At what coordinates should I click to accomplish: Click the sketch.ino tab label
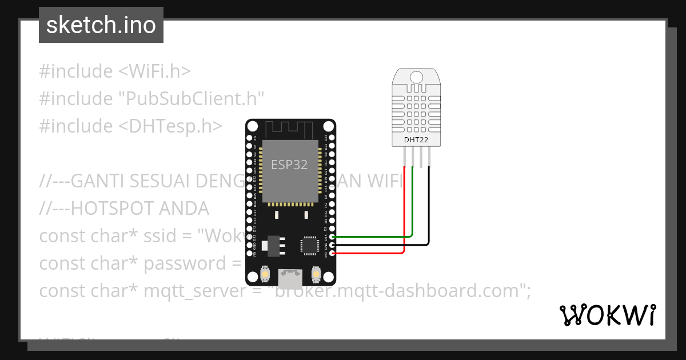click(101, 25)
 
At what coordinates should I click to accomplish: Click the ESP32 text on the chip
click(289, 165)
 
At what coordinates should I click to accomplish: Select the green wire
click(372, 236)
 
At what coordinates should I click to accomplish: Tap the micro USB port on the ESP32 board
click(290, 278)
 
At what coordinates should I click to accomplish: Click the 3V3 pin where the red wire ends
click(332, 253)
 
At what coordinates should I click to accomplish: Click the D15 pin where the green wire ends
click(332, 236)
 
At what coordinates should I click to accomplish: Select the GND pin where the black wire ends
click(332, 245)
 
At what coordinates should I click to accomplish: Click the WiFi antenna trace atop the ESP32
click(290, 129)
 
